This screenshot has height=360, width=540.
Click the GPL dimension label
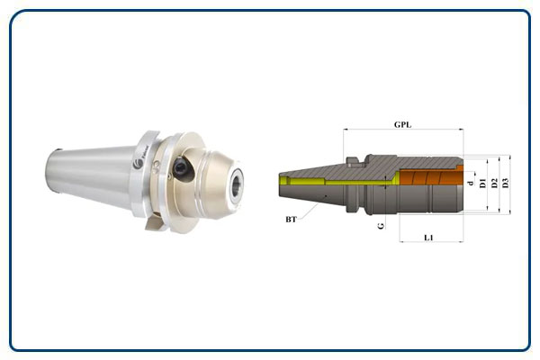[402, 125]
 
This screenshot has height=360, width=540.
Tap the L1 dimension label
[428, 238]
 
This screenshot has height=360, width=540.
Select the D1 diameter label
[482, 183]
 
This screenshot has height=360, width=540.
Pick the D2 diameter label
[494, 183]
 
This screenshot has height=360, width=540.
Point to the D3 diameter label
[505, 183]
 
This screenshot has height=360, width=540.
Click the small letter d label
[471, 183]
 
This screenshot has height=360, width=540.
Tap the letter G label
[381, 226]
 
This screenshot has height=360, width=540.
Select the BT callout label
[291, 220]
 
